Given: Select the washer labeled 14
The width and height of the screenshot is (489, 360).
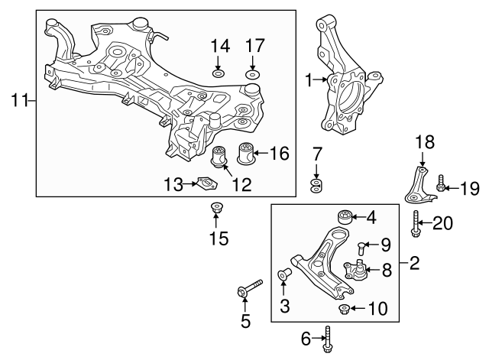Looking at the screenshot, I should point(219,74).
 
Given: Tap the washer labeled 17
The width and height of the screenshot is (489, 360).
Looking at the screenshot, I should point(253,74).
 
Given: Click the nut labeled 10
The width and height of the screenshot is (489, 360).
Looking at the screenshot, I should point(345,309).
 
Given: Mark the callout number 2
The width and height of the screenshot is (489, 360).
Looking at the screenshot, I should point(415,265).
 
